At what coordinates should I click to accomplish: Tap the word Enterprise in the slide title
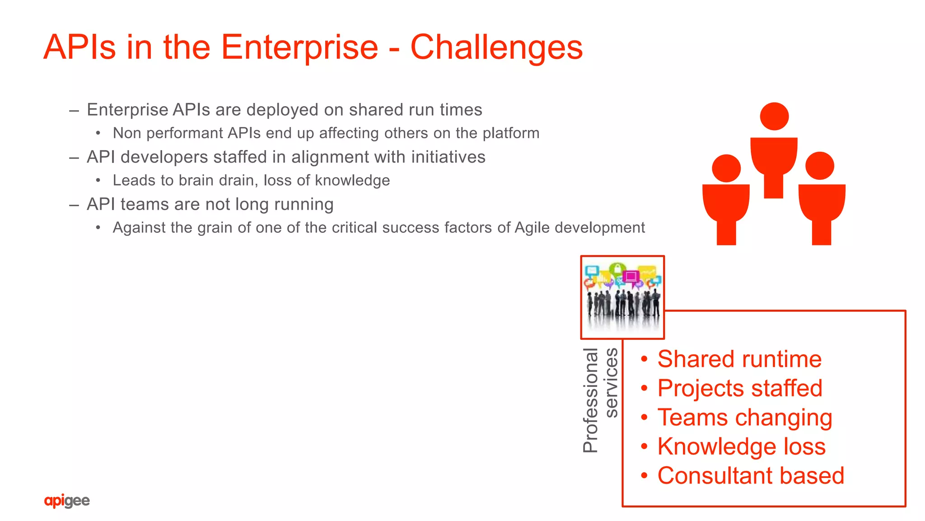pos(299,47)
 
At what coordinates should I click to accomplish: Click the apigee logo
pos(67,501)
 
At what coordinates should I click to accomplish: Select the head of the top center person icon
pos(774,116)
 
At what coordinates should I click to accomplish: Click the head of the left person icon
pos(726,168)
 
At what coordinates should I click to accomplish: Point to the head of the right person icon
pos(819,166)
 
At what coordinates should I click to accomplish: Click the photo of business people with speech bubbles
pos(622,297)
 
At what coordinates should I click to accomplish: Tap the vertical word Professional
pos(591,400)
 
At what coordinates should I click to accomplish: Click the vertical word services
pos(611,383)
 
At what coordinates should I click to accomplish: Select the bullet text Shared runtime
pos(739,359)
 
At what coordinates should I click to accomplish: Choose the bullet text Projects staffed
pos(739,389)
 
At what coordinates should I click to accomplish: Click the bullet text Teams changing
pos(744,418)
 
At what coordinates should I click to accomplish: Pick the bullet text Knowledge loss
pos(741,446)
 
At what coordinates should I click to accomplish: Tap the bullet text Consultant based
pos(750,476)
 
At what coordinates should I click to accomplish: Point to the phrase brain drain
pos(219,180)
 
